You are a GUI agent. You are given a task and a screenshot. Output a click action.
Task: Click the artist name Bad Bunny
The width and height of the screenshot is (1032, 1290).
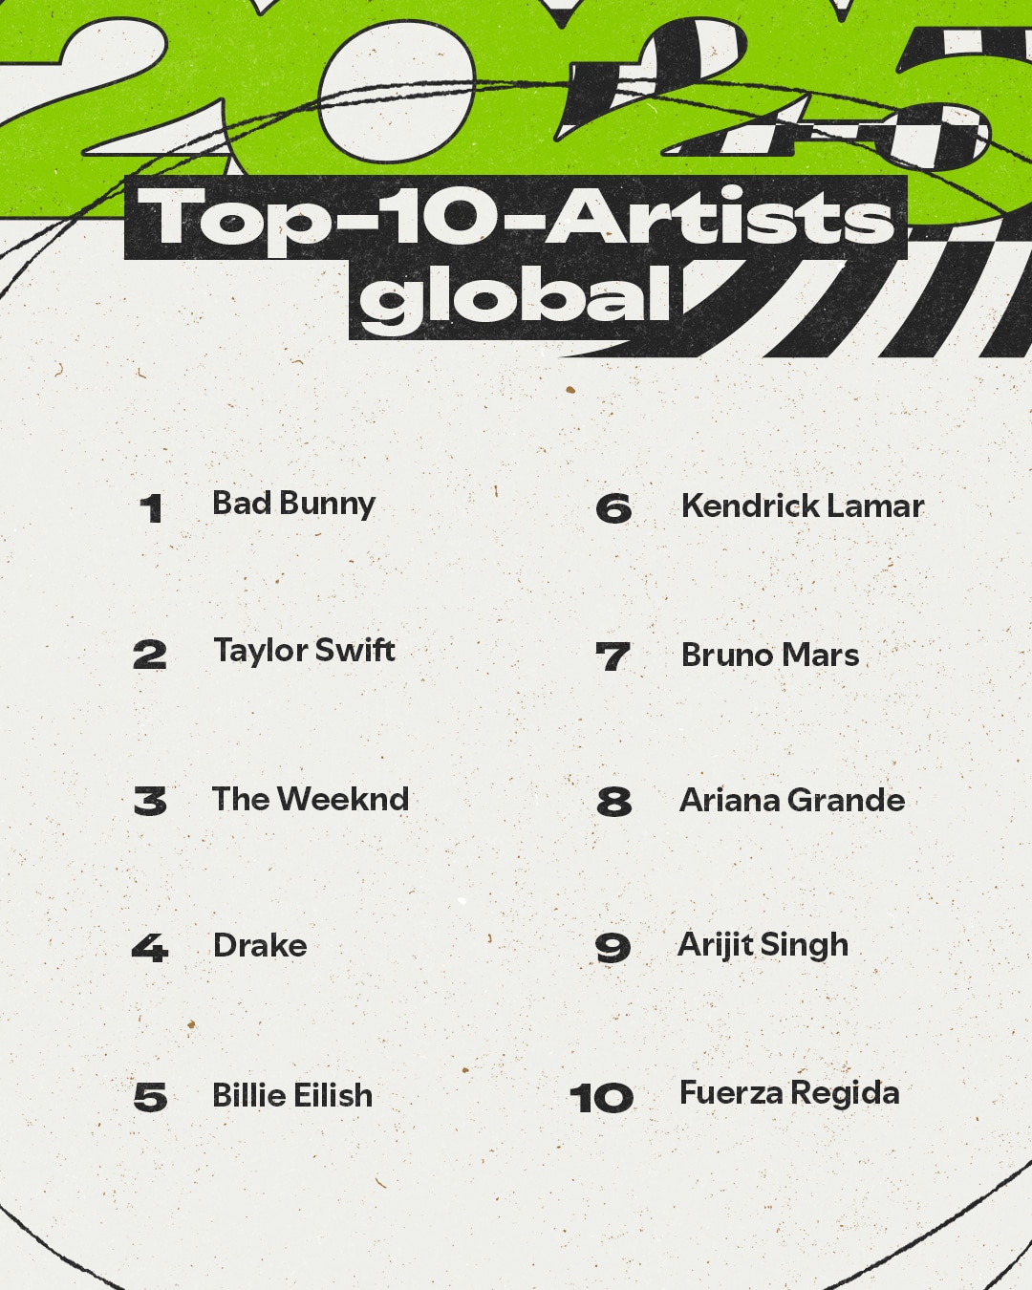coord(293,505)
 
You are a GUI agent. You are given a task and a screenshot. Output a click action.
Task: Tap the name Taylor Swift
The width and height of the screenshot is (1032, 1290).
coord(305,652)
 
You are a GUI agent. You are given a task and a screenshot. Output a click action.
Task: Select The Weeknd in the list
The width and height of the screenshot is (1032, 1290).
coord(311,799)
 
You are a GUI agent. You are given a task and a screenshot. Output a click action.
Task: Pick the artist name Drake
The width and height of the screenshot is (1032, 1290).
coord(260,946)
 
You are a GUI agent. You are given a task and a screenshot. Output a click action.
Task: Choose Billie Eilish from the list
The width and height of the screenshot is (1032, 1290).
coord(292,1094)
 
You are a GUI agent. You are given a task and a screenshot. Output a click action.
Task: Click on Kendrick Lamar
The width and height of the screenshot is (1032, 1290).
coord(803,505)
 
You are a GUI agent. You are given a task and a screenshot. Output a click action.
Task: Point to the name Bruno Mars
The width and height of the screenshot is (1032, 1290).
coord(770,655)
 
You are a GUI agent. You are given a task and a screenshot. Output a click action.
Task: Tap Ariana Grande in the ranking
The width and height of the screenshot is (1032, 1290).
coord(792,800)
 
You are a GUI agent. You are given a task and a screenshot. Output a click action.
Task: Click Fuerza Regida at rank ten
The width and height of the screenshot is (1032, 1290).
coord(789,1093)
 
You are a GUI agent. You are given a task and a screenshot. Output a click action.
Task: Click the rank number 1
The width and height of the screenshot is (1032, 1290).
coord(151,508)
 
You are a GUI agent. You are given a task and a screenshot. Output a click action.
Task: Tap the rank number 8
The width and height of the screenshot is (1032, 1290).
coord(614,802)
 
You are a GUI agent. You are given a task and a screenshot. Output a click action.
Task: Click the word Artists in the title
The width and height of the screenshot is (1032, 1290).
coord(720,216)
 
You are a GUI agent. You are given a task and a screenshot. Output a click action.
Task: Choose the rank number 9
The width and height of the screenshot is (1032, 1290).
coord(613,948)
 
